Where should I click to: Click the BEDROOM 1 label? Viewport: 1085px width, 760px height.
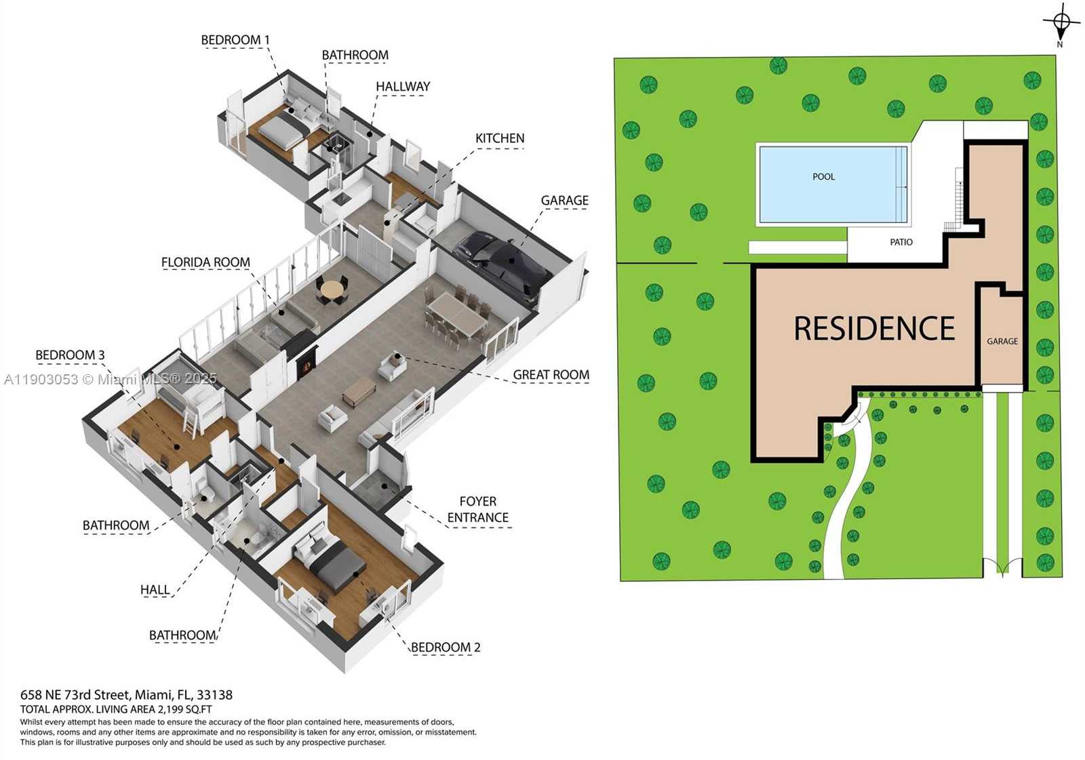(235, 40)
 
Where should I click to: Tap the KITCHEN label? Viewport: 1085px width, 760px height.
(500, 138)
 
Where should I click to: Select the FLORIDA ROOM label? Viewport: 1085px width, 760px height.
(205, 262)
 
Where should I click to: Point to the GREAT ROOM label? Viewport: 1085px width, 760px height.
(551, 375)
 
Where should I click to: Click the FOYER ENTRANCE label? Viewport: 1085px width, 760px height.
(477, 510)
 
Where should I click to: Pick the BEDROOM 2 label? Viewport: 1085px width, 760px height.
(446, 647)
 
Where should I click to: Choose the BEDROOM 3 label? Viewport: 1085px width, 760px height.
(70, 355)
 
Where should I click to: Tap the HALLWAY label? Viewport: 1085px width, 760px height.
(403, 87)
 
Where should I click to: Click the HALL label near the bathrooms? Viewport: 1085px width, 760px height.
(155, 590)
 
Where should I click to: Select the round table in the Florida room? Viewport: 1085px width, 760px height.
(332, 290)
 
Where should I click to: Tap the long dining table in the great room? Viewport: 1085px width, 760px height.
(456, 313)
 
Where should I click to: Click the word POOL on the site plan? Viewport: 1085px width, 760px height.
(823, 177)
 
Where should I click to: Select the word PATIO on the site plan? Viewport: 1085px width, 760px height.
(901, 242)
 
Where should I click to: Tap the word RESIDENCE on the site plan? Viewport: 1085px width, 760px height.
(874, 329)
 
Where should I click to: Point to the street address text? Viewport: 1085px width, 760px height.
(126, 695)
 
